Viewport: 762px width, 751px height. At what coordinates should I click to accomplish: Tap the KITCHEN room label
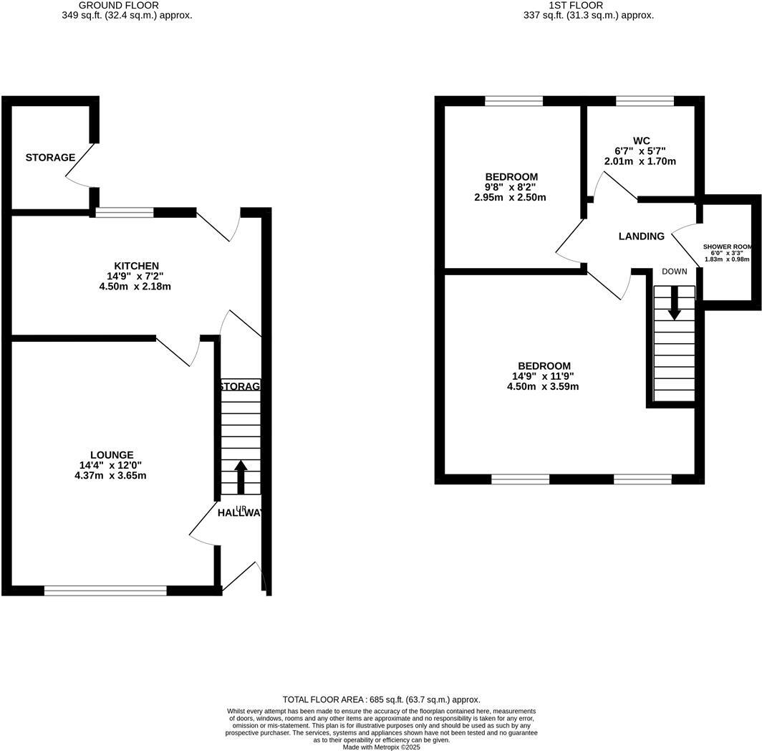pyautogui.click(x=135, y=266)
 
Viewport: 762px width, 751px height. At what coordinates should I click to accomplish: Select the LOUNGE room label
pyautogui.click(x=112, y=455)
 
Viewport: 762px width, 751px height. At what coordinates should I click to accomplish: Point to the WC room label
pyautogui.click(x=641, y=140)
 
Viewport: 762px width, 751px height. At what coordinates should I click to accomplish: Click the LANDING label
pyautogui.click(x=641, y=236)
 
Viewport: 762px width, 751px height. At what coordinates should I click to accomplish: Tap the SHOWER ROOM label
pyautogui.click(x=728, y=247)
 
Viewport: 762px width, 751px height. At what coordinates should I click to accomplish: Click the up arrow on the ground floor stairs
pyautogui.click(x=241, y=477)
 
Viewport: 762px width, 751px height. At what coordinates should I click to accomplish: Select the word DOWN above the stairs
pyautogui.click(x=675, y=272)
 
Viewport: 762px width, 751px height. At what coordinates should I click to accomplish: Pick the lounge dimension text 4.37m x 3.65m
pyautogui.click(x=112, y=475)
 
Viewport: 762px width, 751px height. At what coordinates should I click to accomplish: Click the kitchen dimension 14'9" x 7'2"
pyautogui.click(x=135, y=276)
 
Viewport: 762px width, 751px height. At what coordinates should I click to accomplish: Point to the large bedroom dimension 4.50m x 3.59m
pyautogui.click(x=542, y=386)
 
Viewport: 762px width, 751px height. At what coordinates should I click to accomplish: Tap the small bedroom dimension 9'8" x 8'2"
pyautogui.click(x=511, y=187)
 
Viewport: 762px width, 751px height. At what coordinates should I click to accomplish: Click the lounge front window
pyautogui.click(x=105, y=590)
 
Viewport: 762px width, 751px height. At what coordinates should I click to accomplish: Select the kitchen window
pyautogui.click(x=125, y=212)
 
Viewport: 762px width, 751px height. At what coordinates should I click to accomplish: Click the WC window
pyautogui.click(x=645, y=101)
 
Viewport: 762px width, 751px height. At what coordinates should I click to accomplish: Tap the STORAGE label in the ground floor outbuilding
pyautogui.click(x=50, y=158)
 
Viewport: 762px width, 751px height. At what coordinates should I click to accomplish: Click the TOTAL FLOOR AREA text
pyautogui.click(x=381, y=699)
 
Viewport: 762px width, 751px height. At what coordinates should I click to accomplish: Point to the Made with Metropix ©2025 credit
pyautogui.click(x=381, y=747)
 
